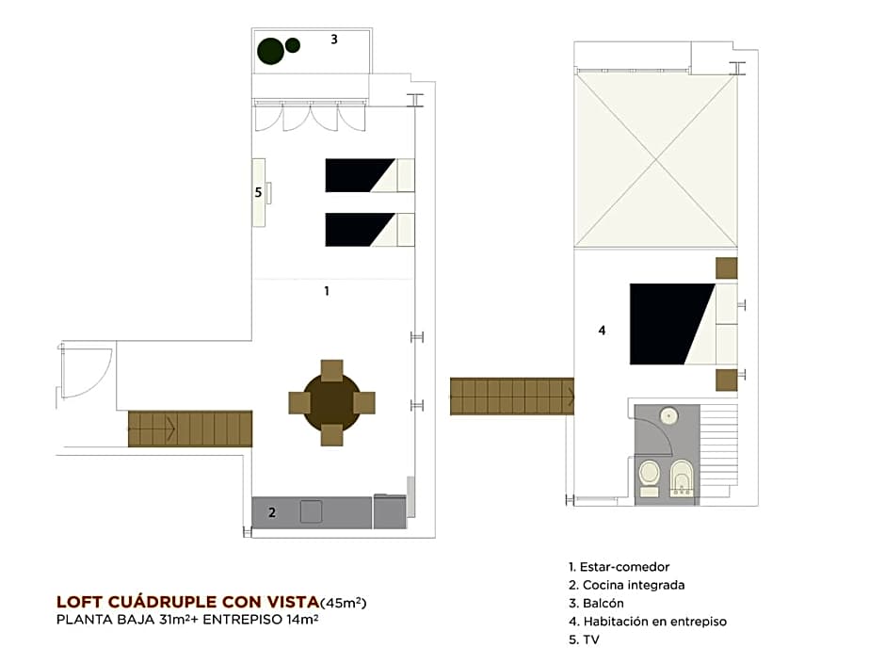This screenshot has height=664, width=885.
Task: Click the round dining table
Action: click(331, 402)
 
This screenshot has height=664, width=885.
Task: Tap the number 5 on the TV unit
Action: click(258, 192)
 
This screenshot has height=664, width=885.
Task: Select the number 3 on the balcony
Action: click(334, 39)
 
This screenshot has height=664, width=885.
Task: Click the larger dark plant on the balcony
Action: click(270, 52)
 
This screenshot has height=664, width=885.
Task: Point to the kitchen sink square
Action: click(311, 511)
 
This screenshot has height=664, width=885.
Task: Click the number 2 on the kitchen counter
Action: click(272, 512)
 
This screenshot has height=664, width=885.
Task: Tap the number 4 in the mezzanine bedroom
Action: click(602, 331)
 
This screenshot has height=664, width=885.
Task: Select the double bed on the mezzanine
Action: click(684, 324)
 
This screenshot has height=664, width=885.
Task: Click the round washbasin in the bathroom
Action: click(668, 416)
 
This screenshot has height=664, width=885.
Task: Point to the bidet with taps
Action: click(682, 478)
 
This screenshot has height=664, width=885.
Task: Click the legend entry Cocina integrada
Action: click(626, 585)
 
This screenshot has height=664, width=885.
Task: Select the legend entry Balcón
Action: click(596, 603)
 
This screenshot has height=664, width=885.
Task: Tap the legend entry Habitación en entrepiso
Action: click(648, 622)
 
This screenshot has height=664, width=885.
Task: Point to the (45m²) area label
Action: click(343, 603)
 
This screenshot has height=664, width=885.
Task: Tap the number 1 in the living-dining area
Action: click(327, 291)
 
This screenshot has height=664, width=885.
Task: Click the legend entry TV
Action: click(584, 640)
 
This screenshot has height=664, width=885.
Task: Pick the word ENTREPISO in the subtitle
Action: click(243, 620)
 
